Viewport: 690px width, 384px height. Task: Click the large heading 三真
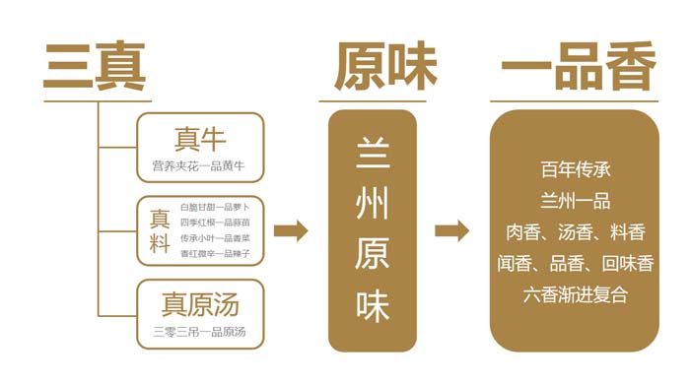point(94,66)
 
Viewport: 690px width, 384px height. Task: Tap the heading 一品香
point(577,66)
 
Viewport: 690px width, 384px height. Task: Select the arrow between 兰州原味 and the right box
point(451,231)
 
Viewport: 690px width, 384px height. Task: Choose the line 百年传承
point(576,168)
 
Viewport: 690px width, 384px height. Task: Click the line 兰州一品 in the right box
point(576,201)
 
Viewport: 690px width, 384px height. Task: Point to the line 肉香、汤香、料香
point(576,232)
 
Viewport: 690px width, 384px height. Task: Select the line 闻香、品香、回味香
point(576,263)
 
